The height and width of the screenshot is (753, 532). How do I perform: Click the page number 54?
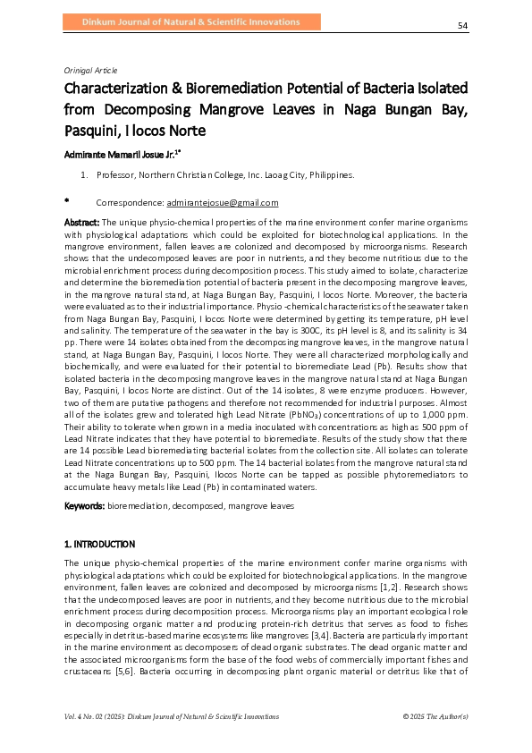pyautogui.click(x=463, y=25)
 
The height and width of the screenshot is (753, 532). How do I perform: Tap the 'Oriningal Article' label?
pyautogui.click(x=91, y=70)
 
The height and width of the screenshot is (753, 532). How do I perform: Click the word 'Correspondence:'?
pyautogui.click(x=130, y=203)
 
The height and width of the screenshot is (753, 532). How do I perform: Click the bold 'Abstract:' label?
pyautogui.click(x=82, y=220)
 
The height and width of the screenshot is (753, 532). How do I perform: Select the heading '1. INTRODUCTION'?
pyautogui.click(x=99, y=544)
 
